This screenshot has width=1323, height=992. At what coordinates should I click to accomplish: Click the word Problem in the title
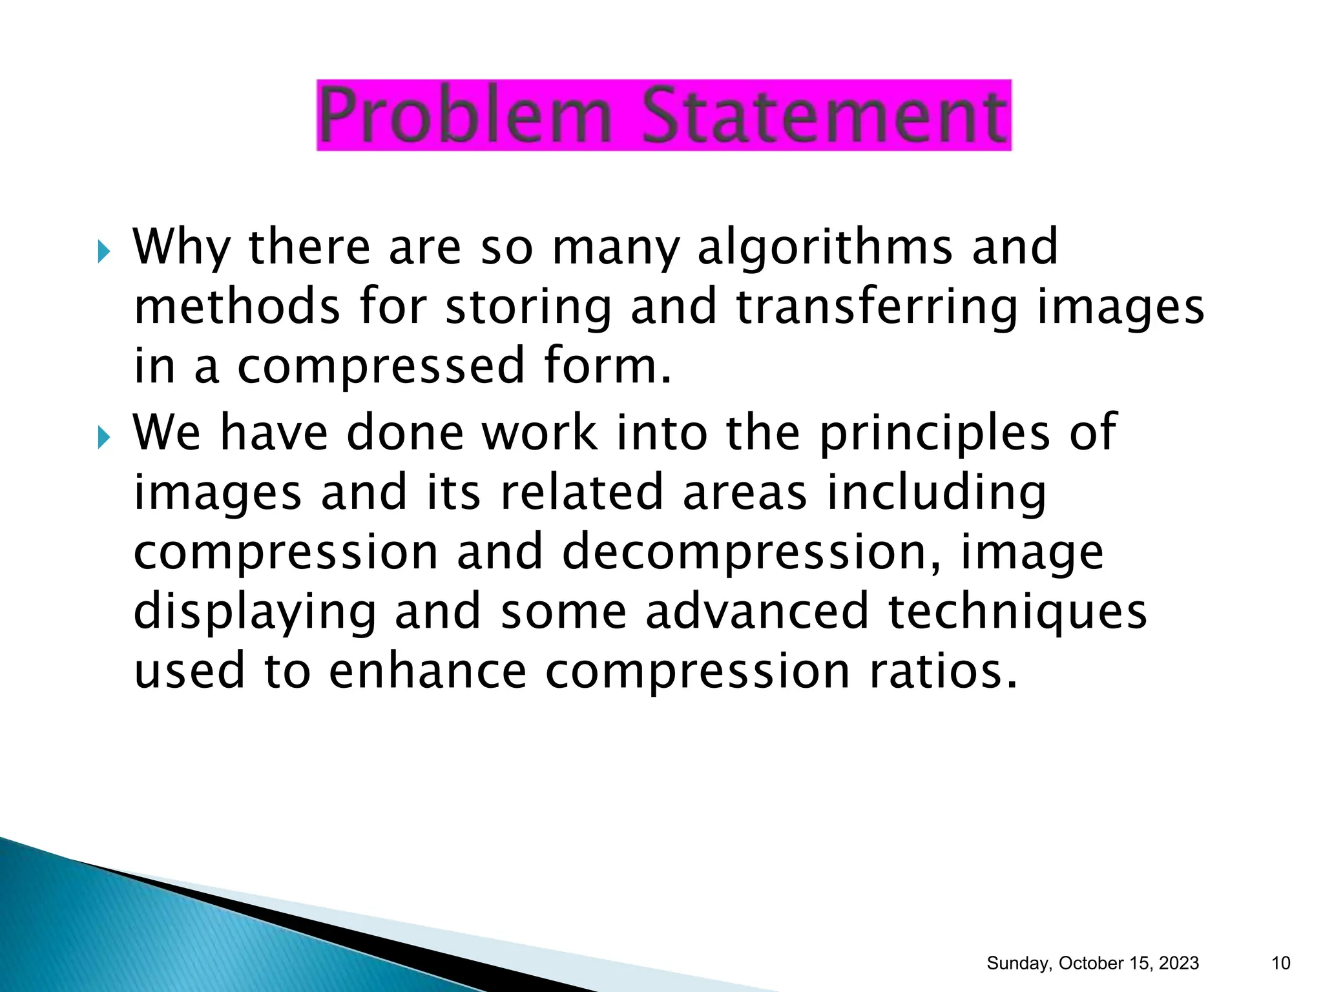click(465, 116)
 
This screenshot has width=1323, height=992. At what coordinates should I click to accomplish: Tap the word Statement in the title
click(824, 116)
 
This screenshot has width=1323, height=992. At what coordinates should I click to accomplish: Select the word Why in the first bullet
click(182, 248)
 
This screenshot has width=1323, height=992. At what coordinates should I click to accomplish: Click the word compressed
click(381, 366)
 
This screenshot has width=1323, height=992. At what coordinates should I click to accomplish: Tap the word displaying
click(255, 612)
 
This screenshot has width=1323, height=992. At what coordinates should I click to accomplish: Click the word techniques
click(1017, 612)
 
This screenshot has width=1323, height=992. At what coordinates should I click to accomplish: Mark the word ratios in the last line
click(943, 671)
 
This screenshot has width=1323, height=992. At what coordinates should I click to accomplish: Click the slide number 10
click(1280, 963)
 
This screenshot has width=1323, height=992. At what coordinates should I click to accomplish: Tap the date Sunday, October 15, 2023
click(1092, 963)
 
